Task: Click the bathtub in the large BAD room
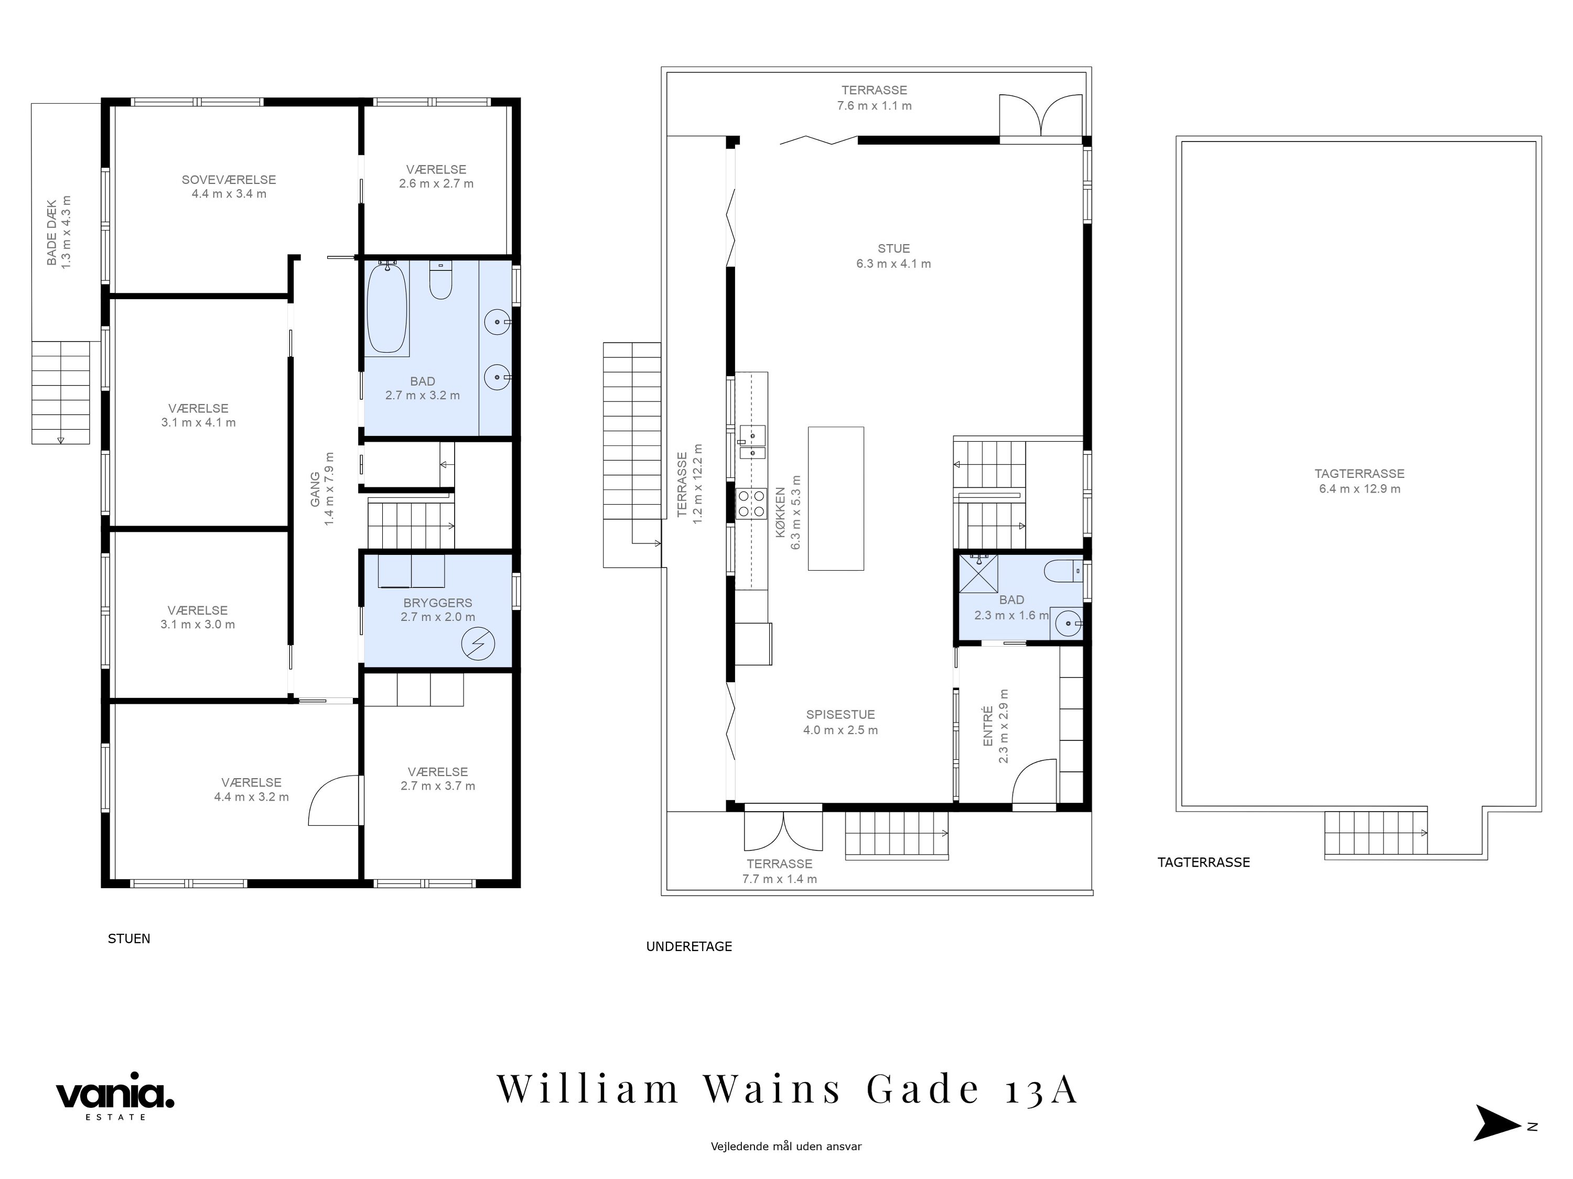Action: (387, 309)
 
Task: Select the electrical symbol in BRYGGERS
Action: (478, 644)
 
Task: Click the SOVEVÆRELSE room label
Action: (229, 180)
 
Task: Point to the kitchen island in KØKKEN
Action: (836, 498)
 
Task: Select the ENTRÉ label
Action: (988, 726)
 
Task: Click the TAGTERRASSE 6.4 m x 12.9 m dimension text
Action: (1360, 489)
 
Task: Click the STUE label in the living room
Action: (894, 249)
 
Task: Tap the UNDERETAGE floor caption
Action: (689, 947)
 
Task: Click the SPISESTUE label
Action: (841, 715)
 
